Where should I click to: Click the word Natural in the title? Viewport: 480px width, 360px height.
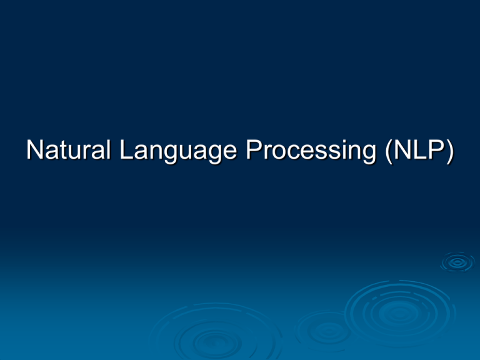pyautogui.click(x=68, y=149)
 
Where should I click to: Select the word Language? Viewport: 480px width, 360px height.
pyautogui.click(x=178, y=151)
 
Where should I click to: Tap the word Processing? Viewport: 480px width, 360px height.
pyautogui.click(x=311, y=151)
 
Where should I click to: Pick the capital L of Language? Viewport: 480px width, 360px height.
pyautogui.click(x=126, y=149)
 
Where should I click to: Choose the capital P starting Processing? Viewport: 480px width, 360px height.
pyautogui.click(x=254, y=149)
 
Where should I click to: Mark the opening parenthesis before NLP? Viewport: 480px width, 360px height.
pyautogui.click(x=389, y=152)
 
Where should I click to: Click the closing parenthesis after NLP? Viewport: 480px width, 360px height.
pyautogui.click(x=450, y=152)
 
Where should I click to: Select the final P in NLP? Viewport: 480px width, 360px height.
pyautogui.click(x=437, y=149)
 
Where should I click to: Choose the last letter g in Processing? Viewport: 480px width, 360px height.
pyautogui.click(x=369, y=155)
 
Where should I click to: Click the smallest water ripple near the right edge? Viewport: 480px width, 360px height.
pyautogui.click(x=457, y=262)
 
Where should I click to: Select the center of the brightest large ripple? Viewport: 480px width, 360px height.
pyautogui.click(x=399, y=313)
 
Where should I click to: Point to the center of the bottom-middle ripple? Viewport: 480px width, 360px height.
pyautogui.click(x=216, y=340)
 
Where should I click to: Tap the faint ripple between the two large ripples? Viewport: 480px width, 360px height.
pyautogui.click(x=327, y=331)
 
